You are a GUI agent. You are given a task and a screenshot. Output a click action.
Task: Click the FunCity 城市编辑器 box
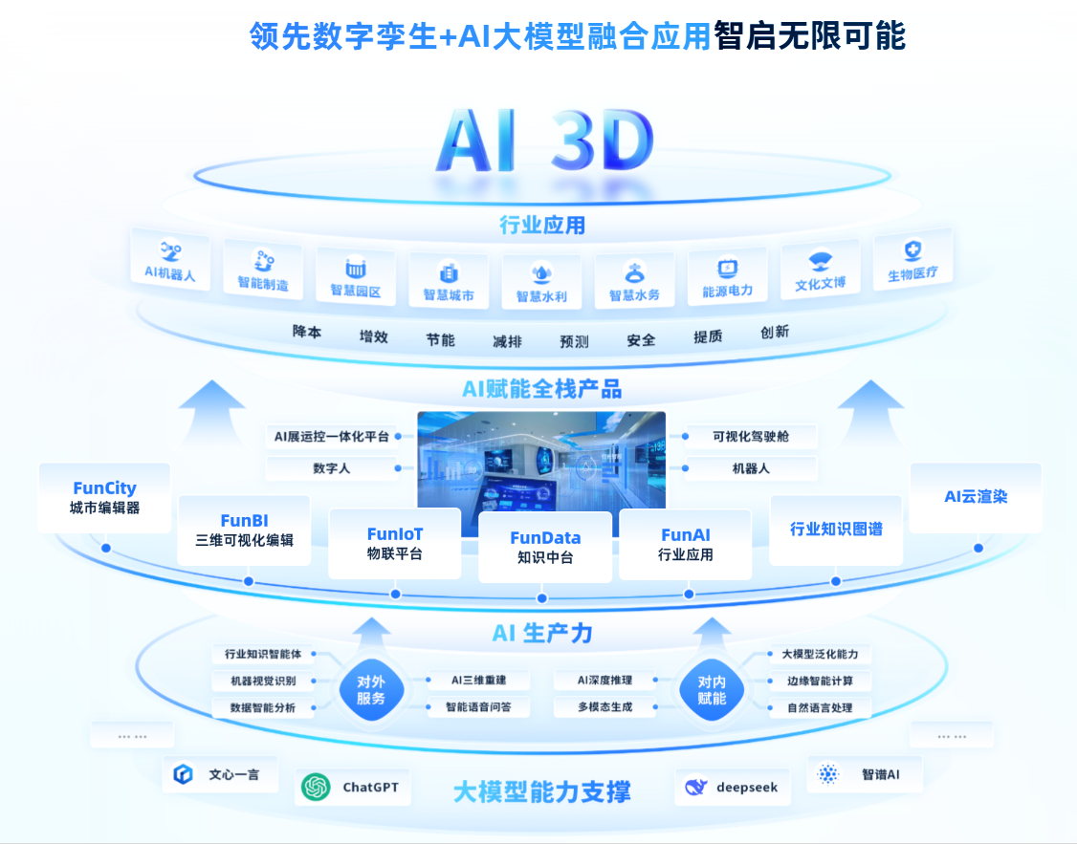pos(104,497)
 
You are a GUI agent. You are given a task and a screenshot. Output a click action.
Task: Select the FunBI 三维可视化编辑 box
pos(244,530)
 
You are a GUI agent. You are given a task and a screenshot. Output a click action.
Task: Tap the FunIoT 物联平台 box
pos(394,543)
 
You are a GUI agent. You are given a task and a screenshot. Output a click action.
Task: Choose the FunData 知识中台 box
pos(545,547)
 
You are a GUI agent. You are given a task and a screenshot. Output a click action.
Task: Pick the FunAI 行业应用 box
pos(685,544)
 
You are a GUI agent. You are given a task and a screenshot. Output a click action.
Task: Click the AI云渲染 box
pos(975,497)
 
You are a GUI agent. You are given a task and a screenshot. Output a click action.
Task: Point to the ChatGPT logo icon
pos(316,787)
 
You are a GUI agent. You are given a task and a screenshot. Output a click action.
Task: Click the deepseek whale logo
pos(696,788)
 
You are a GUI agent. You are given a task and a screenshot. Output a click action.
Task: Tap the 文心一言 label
pos(234,774)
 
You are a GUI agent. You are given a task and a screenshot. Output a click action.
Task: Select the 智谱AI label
pos(880,774)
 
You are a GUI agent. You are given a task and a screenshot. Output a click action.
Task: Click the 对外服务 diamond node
pos(371,690)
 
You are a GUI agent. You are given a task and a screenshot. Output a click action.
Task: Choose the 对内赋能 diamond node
pos(712,690)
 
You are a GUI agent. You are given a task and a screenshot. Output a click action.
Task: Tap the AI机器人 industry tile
pos(169,260)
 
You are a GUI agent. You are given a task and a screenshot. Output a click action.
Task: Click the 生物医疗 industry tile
pos(912,260)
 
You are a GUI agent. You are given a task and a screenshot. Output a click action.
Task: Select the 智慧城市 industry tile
pos(448,282)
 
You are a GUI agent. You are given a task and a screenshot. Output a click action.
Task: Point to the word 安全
pos(641,339)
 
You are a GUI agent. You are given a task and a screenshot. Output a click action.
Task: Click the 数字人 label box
pos(332,469)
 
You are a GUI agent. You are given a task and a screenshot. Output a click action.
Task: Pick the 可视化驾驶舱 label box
pos(751,437)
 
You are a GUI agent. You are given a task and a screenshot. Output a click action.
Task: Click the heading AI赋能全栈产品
pos(541,389)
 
